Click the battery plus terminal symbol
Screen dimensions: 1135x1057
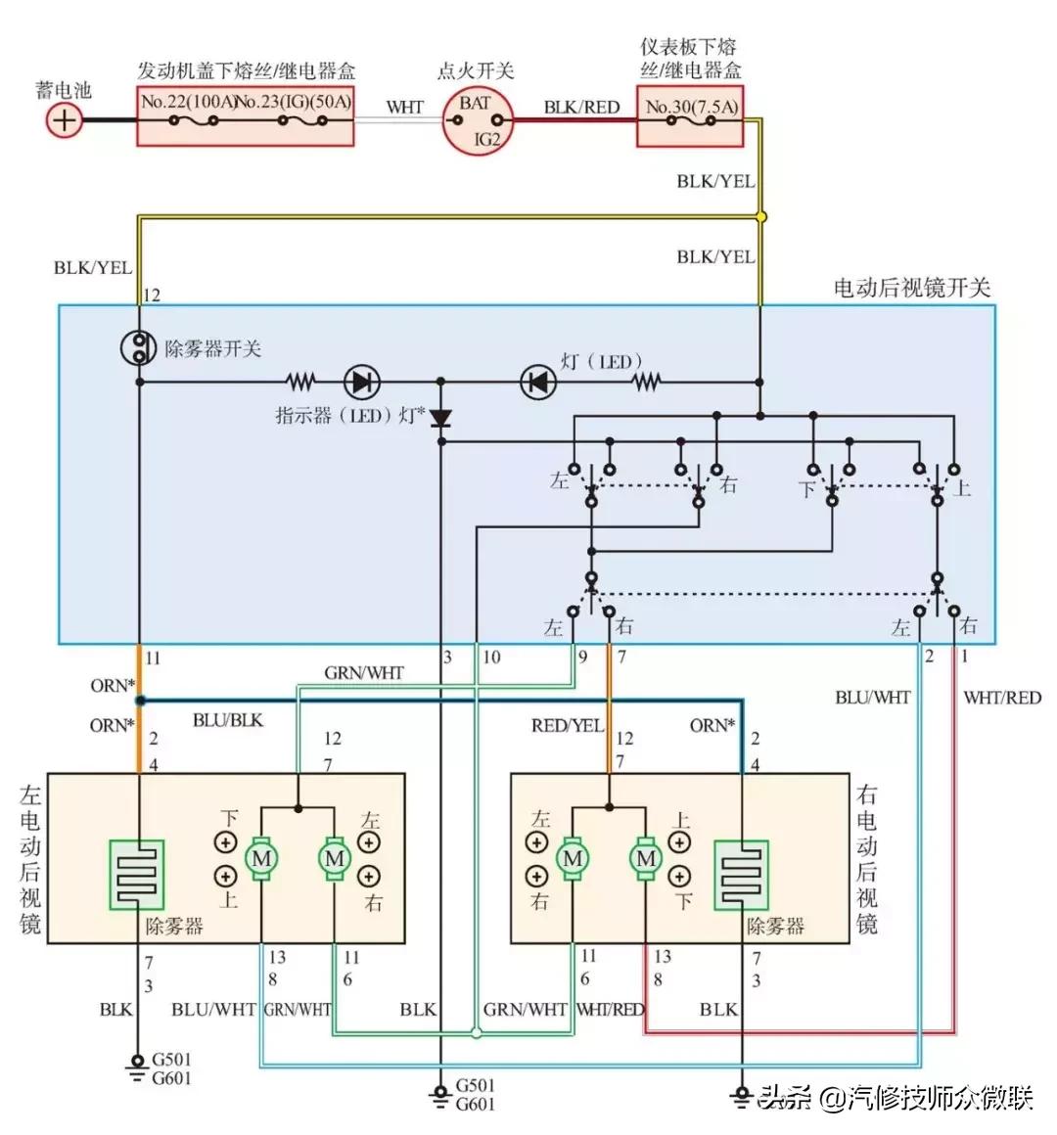pyautogui.click(x=65, y=120)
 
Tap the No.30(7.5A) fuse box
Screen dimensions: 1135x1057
pyautogui.click(x=690, y=115)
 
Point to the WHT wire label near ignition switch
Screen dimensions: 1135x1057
pyautogui.click(x=404, y=107)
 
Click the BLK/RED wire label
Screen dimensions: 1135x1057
pyautogui.click(x=581, y=107)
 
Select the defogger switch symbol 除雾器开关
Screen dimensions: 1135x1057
pyautogui.click(x=140, y=347)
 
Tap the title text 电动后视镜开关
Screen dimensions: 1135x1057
pyautogui.click(x=912, y=288)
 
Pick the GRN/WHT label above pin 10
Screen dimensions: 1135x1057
pyautogui.click(x=364, y=673)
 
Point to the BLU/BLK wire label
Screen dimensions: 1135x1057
pyautogui.click(x=228, y=720)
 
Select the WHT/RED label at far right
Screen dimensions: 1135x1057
pyautogui.click(x=1002, y=698)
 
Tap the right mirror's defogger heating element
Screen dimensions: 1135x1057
pyautogui.click(x=741, y=874)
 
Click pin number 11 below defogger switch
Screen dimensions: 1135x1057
pyautogui.click(x=153, y=658)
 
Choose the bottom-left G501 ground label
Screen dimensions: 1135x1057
pyautogui.click(x=171, y=1060)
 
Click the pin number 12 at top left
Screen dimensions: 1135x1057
pyautogui.click(x=151, y=295)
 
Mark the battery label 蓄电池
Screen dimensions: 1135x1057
pyautogui.click(x=64, y=90)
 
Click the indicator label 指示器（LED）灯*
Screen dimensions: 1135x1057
pyautogui.click(x=349, y=416)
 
